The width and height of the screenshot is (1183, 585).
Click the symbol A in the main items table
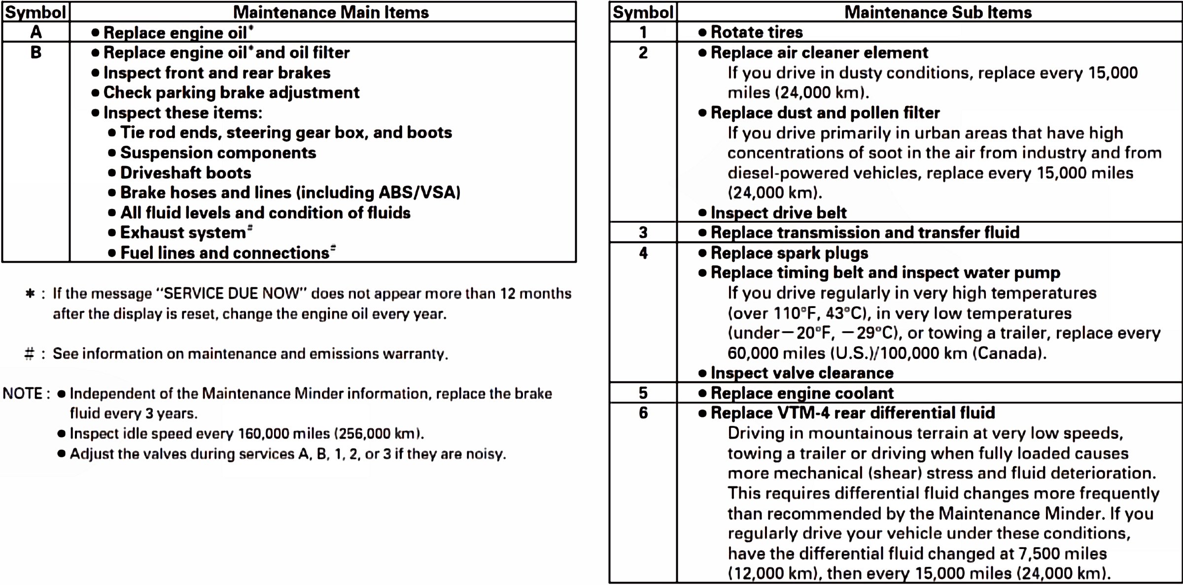pyautogui.click(x=35, y=33)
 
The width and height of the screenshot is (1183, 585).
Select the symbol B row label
pyautogui.click(x=35, y=53)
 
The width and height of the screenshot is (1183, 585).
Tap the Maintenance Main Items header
pyautogui.click(x=331, y=12)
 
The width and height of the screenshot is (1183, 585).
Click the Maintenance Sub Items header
pyautogui.click(x=938, y=12)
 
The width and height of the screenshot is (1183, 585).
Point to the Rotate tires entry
pyautogui.click(x=756, y=33)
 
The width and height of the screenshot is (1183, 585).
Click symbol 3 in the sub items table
pyautogui.click(x=643, y=233)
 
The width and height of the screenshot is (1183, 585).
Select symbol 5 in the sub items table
pyautogui.click(x=643, y=393)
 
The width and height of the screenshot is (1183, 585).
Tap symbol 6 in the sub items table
pyautogui.click(x=643, y=413)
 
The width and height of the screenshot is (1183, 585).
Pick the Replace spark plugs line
pyautogui.click(x=789, y=253)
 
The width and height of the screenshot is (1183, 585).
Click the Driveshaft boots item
pyautogui.click(x=185, y=173)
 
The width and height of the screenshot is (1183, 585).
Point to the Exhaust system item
pyautogui.click(x=183, y=233)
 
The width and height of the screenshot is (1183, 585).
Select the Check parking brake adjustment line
pyautogui.click(x=231, y=93)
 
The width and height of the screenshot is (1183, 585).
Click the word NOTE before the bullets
pyautogui.click(x=23, y=394)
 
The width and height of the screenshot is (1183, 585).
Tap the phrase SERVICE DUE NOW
pyautogui.click(x=231, y=294)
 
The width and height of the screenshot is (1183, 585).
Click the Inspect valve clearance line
pyautogui.click(x=801, y=373)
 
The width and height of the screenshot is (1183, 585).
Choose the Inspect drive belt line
pyautogui.click(x=778, y=213)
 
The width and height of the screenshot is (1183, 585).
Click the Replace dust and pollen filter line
pyautogui.click(x=825, y=113)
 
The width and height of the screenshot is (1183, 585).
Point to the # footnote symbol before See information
pyautogui.click(x=30, y=354)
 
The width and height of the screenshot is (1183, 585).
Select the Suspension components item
pyautogui.click(x=218, y=153)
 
